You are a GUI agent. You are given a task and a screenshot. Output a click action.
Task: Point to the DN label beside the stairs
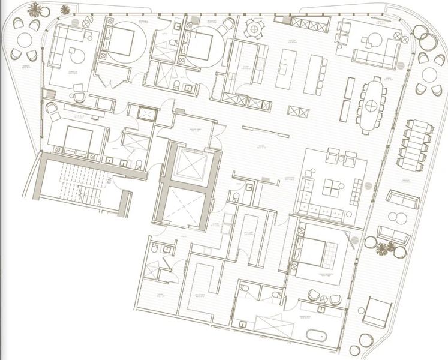pyautogui.click(x=110, y=178)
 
